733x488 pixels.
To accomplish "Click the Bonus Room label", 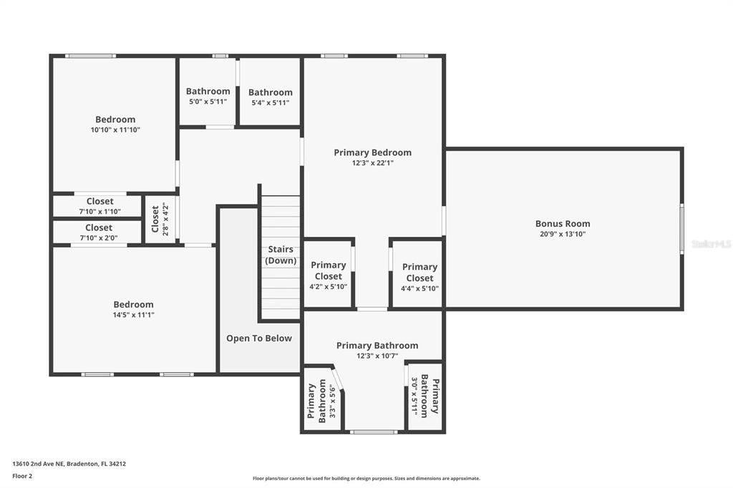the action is point(563,223).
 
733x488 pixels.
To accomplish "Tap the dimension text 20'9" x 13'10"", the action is point(563,234).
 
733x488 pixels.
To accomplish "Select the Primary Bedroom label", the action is point(372,152).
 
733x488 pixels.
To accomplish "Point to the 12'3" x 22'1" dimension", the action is point(372,163).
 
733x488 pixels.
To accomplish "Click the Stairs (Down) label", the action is point(281,255).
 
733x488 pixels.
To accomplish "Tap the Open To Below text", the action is point(259,338).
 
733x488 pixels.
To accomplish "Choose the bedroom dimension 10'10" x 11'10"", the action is point(115,130).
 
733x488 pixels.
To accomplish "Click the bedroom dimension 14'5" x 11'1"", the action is point(133,315).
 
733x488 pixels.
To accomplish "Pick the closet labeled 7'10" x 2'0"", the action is point(97,233).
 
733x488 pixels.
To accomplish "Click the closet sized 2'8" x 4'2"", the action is point(160,219).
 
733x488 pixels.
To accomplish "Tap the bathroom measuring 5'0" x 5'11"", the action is point(208,92).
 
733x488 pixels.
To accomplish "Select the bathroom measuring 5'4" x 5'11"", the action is point(270,92).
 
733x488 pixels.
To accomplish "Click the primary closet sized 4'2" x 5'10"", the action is point(328,273).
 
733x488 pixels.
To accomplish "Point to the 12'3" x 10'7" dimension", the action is point(377,356).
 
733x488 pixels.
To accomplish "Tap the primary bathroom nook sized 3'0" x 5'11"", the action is point(425,396).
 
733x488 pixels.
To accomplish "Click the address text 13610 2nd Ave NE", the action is point(38,464).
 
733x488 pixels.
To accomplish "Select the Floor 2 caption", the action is point(22,477).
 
